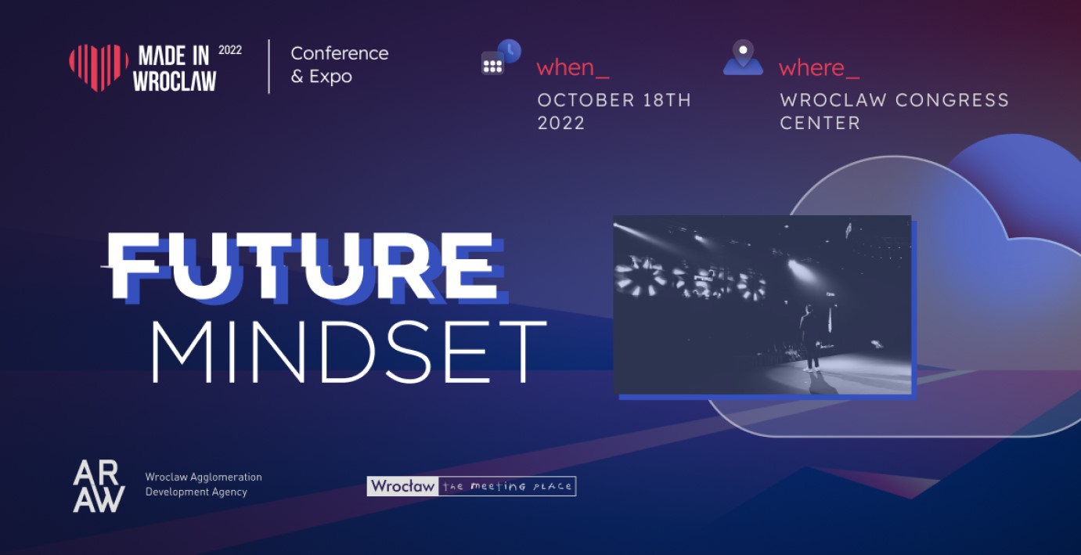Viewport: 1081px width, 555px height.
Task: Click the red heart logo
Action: click(x=99, y=67)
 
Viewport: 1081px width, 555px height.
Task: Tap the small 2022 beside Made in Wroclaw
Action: click(x=229, y=50)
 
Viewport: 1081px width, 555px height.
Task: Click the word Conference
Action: click(x=339, y=53)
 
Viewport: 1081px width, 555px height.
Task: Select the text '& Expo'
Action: click(x=322, y=76)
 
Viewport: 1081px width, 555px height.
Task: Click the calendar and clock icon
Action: click(x=501, y=57)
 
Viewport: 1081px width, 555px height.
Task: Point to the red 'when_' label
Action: click(x=573, y=67)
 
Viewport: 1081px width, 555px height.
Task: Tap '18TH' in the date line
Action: click(x=667, y=100)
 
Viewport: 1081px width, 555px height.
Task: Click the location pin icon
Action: click(x=743, y=57)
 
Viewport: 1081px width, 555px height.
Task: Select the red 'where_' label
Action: click(x=819, y=67)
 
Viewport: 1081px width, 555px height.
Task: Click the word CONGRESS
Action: click(x=952, y=100)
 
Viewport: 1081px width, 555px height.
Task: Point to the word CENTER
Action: click(x=820, y=123)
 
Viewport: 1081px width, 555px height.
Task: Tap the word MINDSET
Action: click(x=349, y=351)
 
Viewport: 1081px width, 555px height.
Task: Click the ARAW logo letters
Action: click(x=99, y=486)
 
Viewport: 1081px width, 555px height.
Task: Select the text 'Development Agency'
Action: click(x=196, y=492)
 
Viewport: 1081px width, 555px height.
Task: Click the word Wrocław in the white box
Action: click(x=403, y=486)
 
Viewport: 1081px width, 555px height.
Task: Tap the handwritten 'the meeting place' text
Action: click(x=507, y=486)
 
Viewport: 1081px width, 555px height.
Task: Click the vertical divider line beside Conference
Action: click(x=268, y=66)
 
